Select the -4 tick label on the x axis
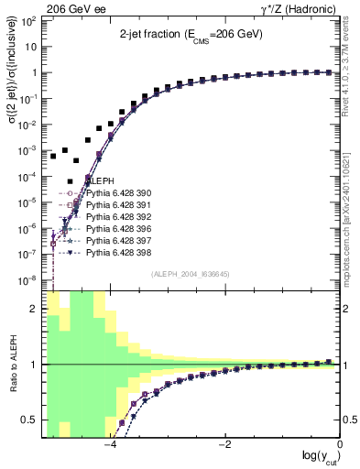point(110,445)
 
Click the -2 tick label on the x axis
point(224,445)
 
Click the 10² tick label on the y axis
point(30,21)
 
